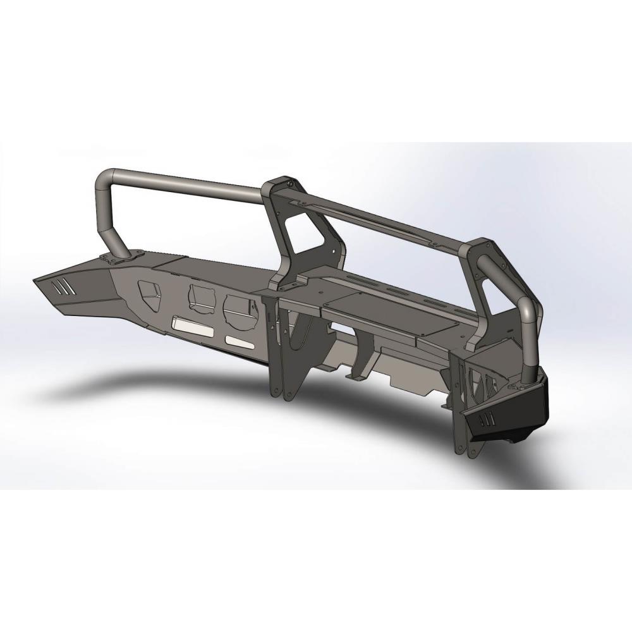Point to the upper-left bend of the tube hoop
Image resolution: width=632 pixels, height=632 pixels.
pos(105,179)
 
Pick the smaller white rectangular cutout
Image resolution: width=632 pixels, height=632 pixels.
pos(239,341)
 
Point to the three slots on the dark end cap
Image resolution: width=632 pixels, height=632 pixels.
pos(485,419)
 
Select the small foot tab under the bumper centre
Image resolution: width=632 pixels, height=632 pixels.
pos(355,377)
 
